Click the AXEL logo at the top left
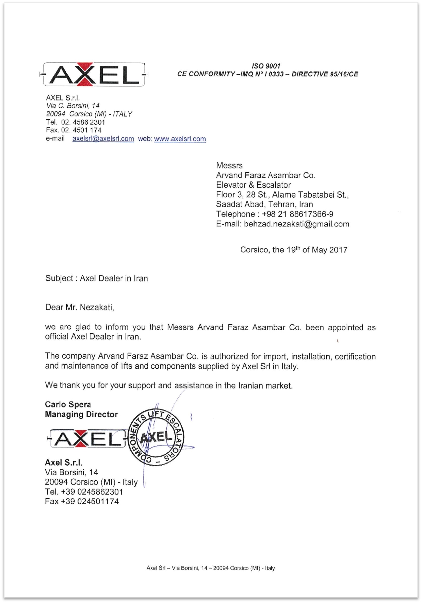pyautogui.click(x=93, y=75)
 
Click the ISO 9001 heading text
pyautogui.click(x=266, y=66)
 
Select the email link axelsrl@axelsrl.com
pyautogui.click(x=103, y=139)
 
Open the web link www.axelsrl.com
pyautogui.click(x=180, y=139)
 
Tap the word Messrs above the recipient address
pyautogui.click(x=229, y=165)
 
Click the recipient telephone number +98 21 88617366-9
pyautogui.click(x=298, y=214)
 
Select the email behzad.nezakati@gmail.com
pyautogui.click(x=297, y=224)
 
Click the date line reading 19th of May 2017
pyautogui.click(x=294, y=250)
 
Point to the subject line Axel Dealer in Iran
pyautogui.click(x=114, y=278)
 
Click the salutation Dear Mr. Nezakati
pyautogui.click(x=79, y=307)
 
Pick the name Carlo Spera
pyautogui.click(x=68, y=404)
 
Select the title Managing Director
pyautogui.click(x=81, y=414)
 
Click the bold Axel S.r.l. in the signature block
pyautogui.click(x=63, y=462)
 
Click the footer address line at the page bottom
pyautogui.click(x=211, y=568)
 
